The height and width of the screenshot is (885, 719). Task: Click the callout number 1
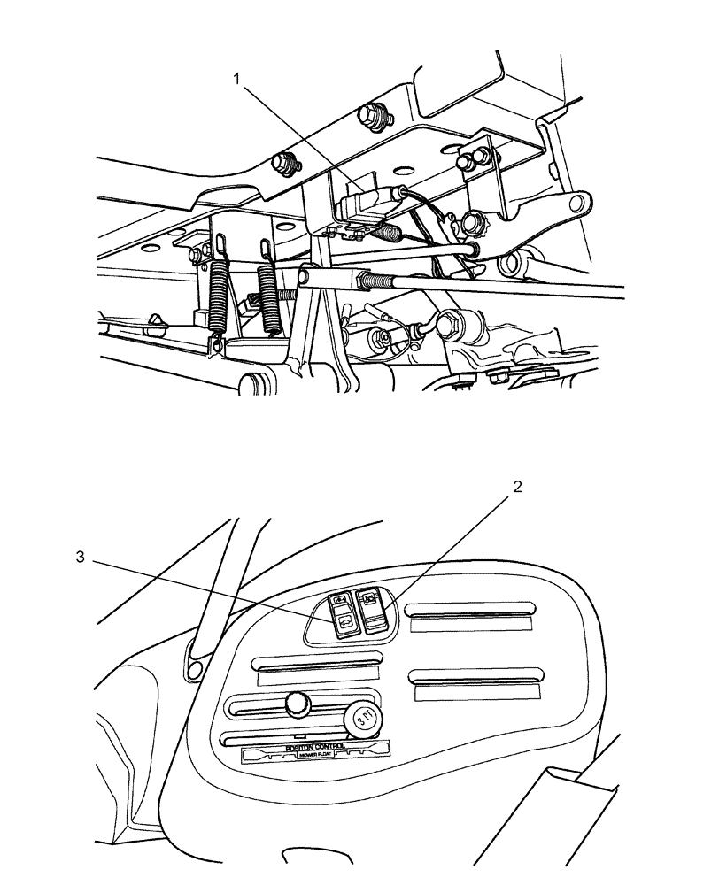(x=236, y=79)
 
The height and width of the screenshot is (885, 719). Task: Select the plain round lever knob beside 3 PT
(x=298, y=704)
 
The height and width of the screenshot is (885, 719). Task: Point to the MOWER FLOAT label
(x=309, y=757)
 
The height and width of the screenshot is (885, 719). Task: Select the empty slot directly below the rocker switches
(x=317, y=662)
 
